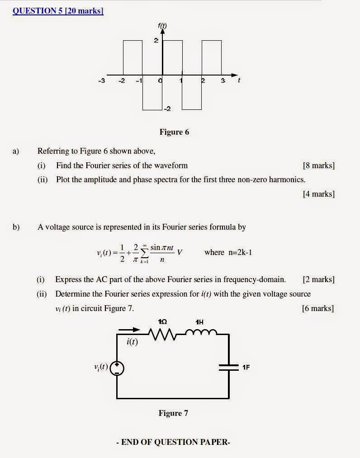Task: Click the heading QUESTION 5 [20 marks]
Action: tap(58, 11)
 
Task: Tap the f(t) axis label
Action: tap(162, 26)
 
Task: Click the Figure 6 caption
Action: tap(174, 132)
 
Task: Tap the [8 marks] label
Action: tap(319, 165)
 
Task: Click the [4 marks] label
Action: tap(319, 194)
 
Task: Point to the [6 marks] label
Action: tap(317, 308)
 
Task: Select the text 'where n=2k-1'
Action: tap(228, 252)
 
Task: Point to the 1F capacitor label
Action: tap(246, 367)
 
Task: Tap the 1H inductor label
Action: tap(199, 322)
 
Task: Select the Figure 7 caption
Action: tap(173, 413)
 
